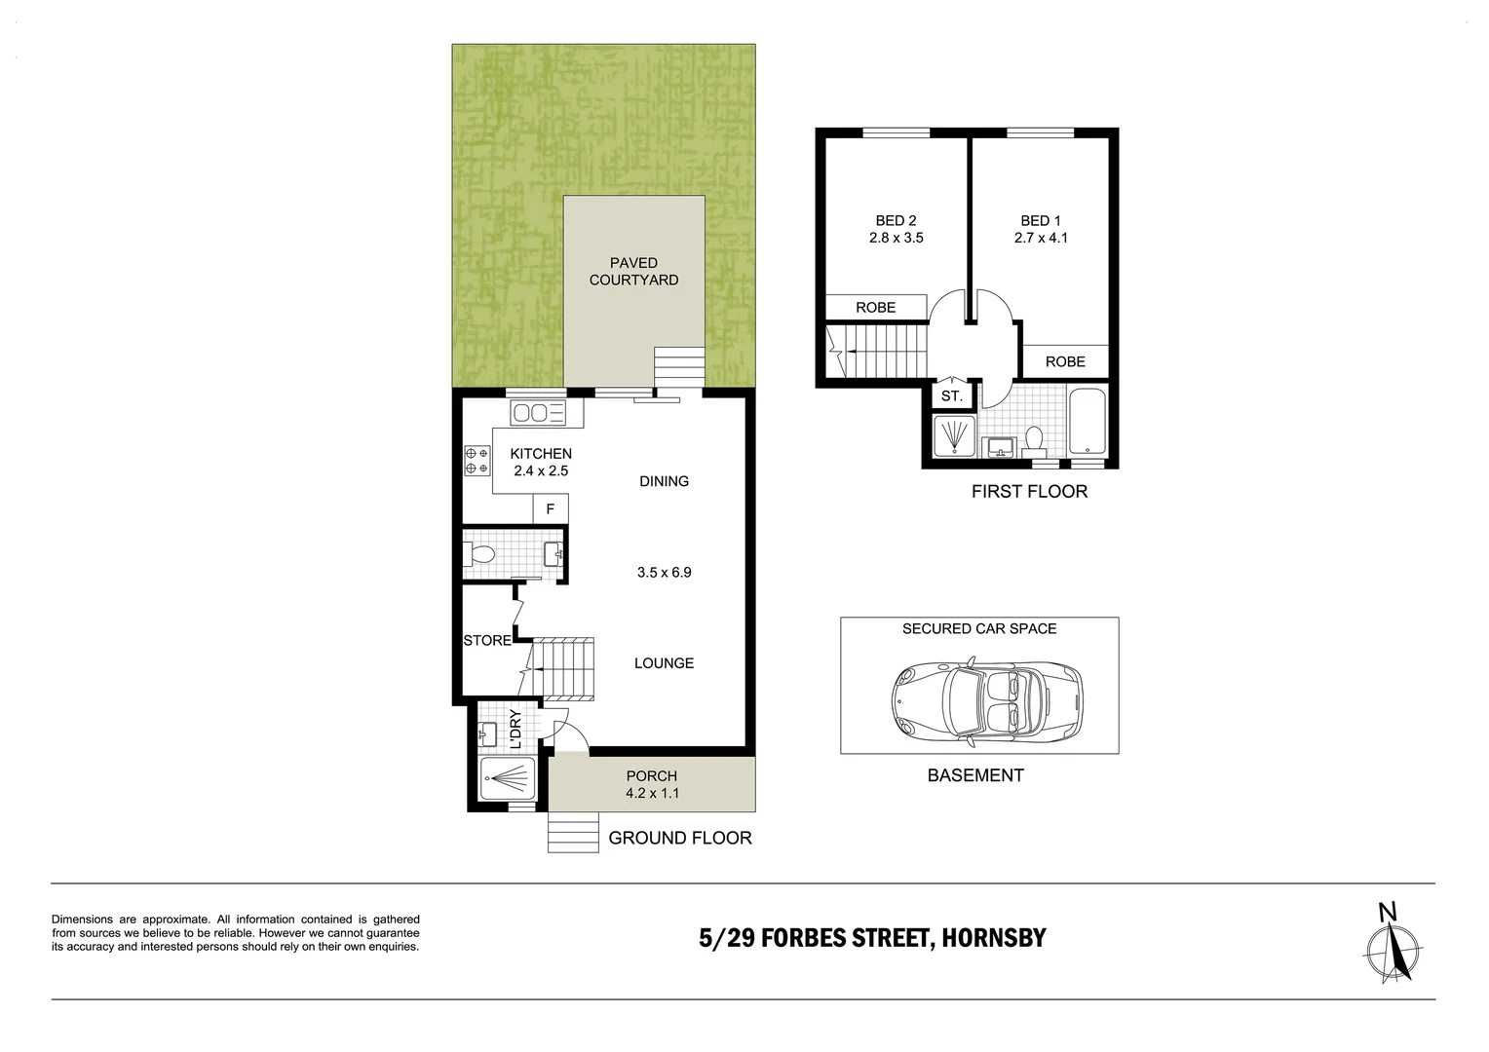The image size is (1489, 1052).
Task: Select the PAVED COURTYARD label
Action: pos(633,271)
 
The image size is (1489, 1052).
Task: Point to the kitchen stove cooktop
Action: pos(477,461)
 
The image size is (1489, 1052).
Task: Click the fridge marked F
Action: pos(550,508)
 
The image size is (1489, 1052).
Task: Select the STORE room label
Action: pos(486,640)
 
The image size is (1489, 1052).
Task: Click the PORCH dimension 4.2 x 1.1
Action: pos(651,793)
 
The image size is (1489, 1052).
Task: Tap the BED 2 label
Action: pos(896,220)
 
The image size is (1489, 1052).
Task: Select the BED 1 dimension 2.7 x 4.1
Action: pos(1042,237)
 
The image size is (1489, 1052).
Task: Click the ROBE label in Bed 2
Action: pos(875,307)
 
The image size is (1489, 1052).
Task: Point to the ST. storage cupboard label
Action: pos(951,396)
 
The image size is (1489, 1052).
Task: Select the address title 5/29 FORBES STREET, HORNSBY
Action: pos(872,938)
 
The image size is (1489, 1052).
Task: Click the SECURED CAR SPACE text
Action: pos(978,628)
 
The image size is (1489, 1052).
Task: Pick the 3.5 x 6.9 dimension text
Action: pos(664,573)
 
